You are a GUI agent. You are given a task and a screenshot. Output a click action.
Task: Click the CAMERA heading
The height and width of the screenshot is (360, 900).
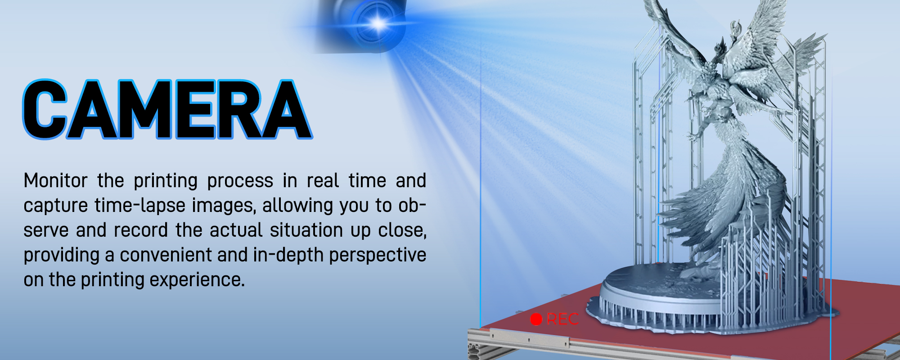pyautogui.click(x=167, y=109)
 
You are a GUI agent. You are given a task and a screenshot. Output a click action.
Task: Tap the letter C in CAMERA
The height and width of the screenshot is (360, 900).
pyautogui.click(x=45, y=109)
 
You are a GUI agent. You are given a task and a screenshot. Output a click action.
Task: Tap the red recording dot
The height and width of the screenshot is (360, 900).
pyautogui.click(x=536, y=319)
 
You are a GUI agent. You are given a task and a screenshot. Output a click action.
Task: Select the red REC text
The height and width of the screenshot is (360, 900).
pyautogui.click(x=562, y=319)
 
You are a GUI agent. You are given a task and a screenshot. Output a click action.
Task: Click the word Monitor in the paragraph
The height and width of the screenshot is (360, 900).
pyautogui.click(x=55, y=181)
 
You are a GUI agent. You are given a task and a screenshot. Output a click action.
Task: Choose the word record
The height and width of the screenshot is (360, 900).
pyautogui.click(x=141, y=230)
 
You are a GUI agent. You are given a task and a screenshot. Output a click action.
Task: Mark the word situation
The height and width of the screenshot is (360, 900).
pyautogui.click(x=306, y=230)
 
